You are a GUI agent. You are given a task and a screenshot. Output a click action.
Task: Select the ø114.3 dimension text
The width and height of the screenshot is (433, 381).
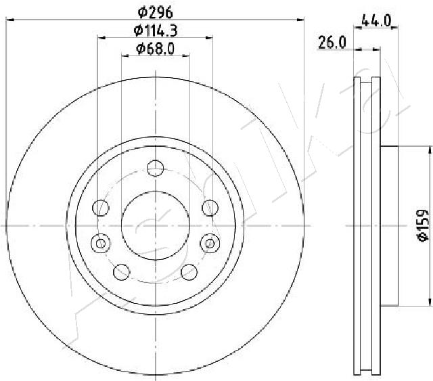(x=156, y=30)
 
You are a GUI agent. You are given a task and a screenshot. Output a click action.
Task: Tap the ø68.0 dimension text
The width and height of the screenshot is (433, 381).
(x=156, y=48)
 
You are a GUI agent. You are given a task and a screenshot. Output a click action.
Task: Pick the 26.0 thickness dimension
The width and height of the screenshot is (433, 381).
(x=333, y=42)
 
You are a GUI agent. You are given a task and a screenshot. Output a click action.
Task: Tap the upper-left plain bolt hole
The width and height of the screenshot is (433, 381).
(x=101, y=206)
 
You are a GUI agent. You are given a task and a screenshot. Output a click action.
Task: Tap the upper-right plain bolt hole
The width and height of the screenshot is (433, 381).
(x=210, y=206)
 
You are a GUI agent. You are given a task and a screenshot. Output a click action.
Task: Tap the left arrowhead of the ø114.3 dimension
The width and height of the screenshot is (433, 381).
(x=101, y=39)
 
